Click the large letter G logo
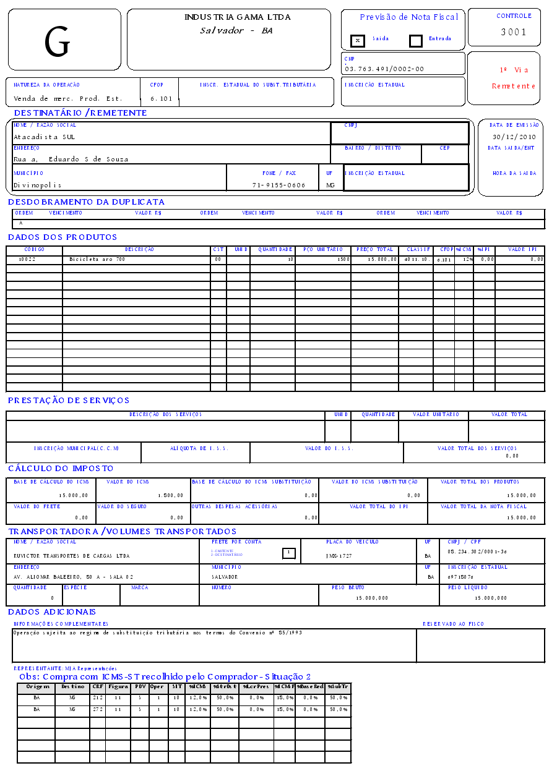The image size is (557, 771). tap(58, 42)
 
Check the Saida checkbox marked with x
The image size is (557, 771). tap(357, 41)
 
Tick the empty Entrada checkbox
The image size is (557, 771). tap(416, 41)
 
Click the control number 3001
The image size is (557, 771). tap(514, 32)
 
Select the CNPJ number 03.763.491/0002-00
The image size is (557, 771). tap(384, 69)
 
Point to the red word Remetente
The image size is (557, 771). tap(514, 86)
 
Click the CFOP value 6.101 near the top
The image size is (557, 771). tap(162, 98)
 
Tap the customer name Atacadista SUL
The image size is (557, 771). tap(44, 137)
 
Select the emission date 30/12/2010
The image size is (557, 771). tap(514, 137)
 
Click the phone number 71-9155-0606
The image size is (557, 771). tap(278, 185)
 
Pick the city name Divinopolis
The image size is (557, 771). tap(38, 185)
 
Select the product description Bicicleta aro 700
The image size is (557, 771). tap(97, 259)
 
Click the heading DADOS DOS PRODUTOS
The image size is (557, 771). tap(63, 237)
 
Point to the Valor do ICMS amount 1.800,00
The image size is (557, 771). tap(170, 495)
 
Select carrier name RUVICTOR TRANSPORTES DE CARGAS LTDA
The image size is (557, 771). tap(72, 556)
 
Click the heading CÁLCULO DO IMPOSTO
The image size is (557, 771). tap(61, 468)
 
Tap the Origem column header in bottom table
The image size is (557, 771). tap(37, 686)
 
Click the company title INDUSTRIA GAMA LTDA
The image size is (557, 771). tap(238, 17)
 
